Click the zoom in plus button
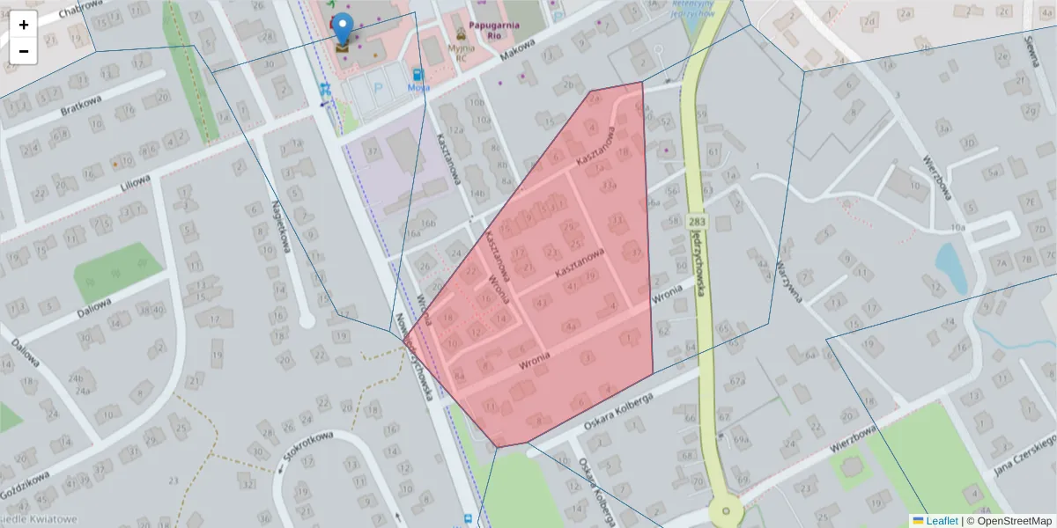23,25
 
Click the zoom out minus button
23,51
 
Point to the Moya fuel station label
418,88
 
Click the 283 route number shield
698,222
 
